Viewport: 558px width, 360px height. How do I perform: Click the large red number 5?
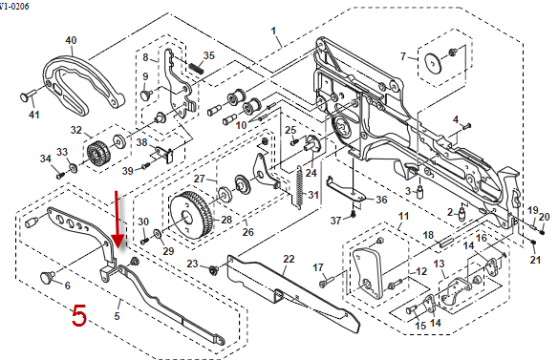click(79, 315)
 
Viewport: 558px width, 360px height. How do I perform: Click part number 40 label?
click(71, 40)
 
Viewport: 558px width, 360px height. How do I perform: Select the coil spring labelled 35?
click(196, 67)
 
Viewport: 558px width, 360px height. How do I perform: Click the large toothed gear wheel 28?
click(191, 216)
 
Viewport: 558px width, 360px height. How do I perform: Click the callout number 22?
click(289, 259)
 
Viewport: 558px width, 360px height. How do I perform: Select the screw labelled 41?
click(29, 95)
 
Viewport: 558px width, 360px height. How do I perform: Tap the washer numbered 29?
click(157, 234)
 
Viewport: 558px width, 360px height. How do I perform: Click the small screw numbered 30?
click(144, 241)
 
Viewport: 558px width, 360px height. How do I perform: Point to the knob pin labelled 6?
click(48, 276)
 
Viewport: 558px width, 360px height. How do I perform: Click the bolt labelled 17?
click(326, 282)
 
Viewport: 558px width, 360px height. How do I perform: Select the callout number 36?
click(381, 200)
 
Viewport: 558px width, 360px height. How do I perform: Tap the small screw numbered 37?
click(353, 214)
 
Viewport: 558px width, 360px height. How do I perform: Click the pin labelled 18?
click(446, 243)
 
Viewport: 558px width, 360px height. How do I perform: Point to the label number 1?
click(273, 31)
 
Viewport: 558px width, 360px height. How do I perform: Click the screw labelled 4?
click(466, 125)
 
